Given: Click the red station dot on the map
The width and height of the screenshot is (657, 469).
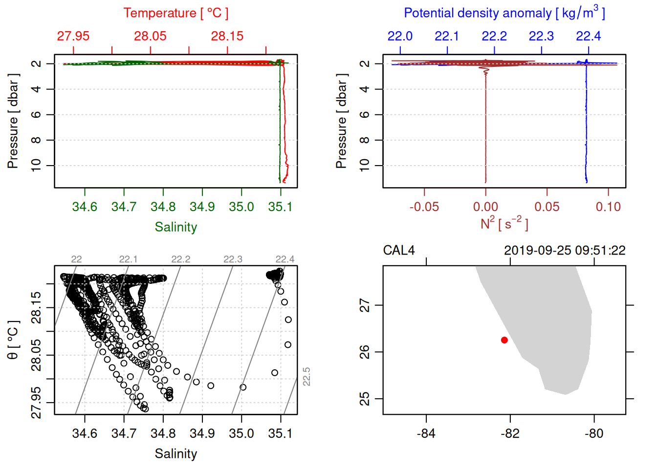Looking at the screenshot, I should pyautogui.click(x=504, y=340).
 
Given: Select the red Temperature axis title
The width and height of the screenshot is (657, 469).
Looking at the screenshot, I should pyautogui.click(x=175, y=13).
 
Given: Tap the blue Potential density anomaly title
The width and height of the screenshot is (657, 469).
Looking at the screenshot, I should pyautogui.click(x=504, y=13).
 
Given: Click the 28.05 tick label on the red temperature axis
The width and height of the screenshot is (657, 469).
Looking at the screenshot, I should pyautogui.click(x=150, y=36).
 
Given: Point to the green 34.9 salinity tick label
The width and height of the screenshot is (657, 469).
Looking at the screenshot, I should pyautogui.click(x=202, y=207).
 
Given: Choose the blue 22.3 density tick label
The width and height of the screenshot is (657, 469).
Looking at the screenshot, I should pyautogui.click(x=541, y=36).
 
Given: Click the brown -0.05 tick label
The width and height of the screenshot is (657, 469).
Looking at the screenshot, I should pyautogui.click(x=424, y=207).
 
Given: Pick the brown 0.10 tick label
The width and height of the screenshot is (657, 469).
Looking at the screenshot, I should pyautogui.click(x=608, y=207).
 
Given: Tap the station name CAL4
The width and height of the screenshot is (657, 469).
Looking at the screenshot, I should pyautogui.click(x=399, y=251).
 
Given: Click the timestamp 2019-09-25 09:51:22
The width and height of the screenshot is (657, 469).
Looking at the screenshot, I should pyautogui.click(x=565, y=251).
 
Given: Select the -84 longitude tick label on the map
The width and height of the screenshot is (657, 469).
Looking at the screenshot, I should pyautogui.click(x=426, y=433).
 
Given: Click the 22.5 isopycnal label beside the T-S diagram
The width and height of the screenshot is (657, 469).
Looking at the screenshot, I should pyautogui.click(x=307, y=377).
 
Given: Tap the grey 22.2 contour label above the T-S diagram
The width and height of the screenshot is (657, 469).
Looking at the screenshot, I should pyautogui.click(x=180, y=259).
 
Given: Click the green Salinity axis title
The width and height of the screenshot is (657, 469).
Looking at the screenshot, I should pyautogui.click(x=175, y=227).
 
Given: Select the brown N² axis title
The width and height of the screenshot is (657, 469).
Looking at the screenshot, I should pyautogui.click(x=504, y=223).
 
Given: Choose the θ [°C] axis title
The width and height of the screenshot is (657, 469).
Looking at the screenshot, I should pyautogui.click(x=13, y=340).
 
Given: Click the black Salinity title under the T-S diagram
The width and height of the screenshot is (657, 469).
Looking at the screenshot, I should pyautogui.click(x=175, y=454).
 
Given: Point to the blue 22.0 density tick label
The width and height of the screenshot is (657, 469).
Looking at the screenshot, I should pyautogui.click(x=400, y=36).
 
